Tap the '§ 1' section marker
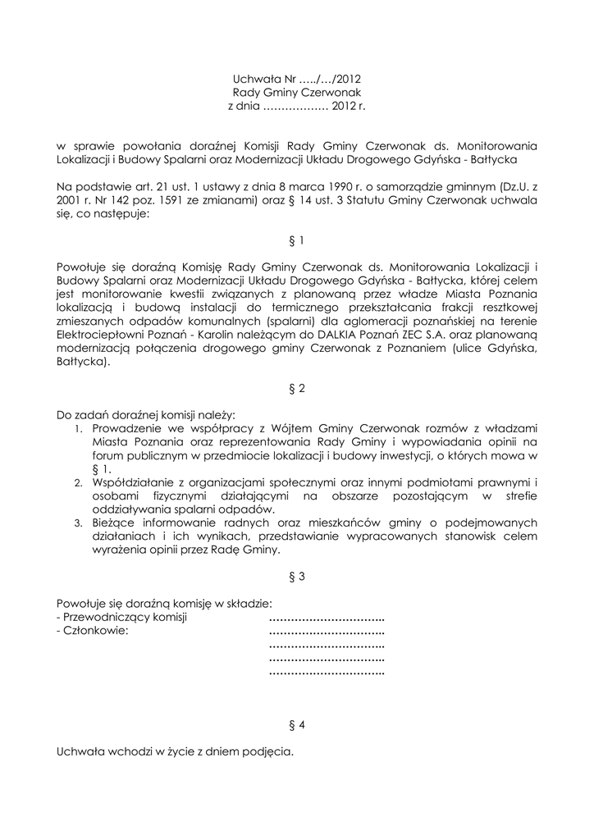297,241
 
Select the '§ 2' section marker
297,389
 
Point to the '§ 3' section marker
297,577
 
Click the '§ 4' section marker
297,725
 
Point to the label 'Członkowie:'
93,632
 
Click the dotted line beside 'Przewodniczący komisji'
327,618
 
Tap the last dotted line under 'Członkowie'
327,673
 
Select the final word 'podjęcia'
269,752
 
